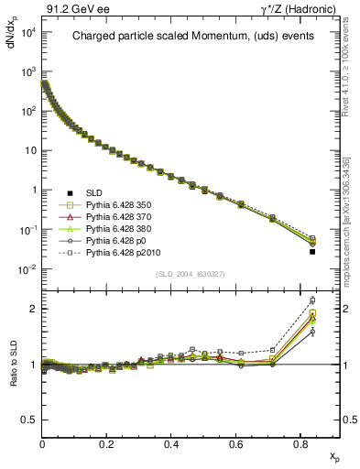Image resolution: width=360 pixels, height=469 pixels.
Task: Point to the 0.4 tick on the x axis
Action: pos(171,443)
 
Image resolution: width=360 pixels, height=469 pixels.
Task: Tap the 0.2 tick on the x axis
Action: pos(107,443)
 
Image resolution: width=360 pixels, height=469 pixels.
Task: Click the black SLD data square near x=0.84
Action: pos(312,251)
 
